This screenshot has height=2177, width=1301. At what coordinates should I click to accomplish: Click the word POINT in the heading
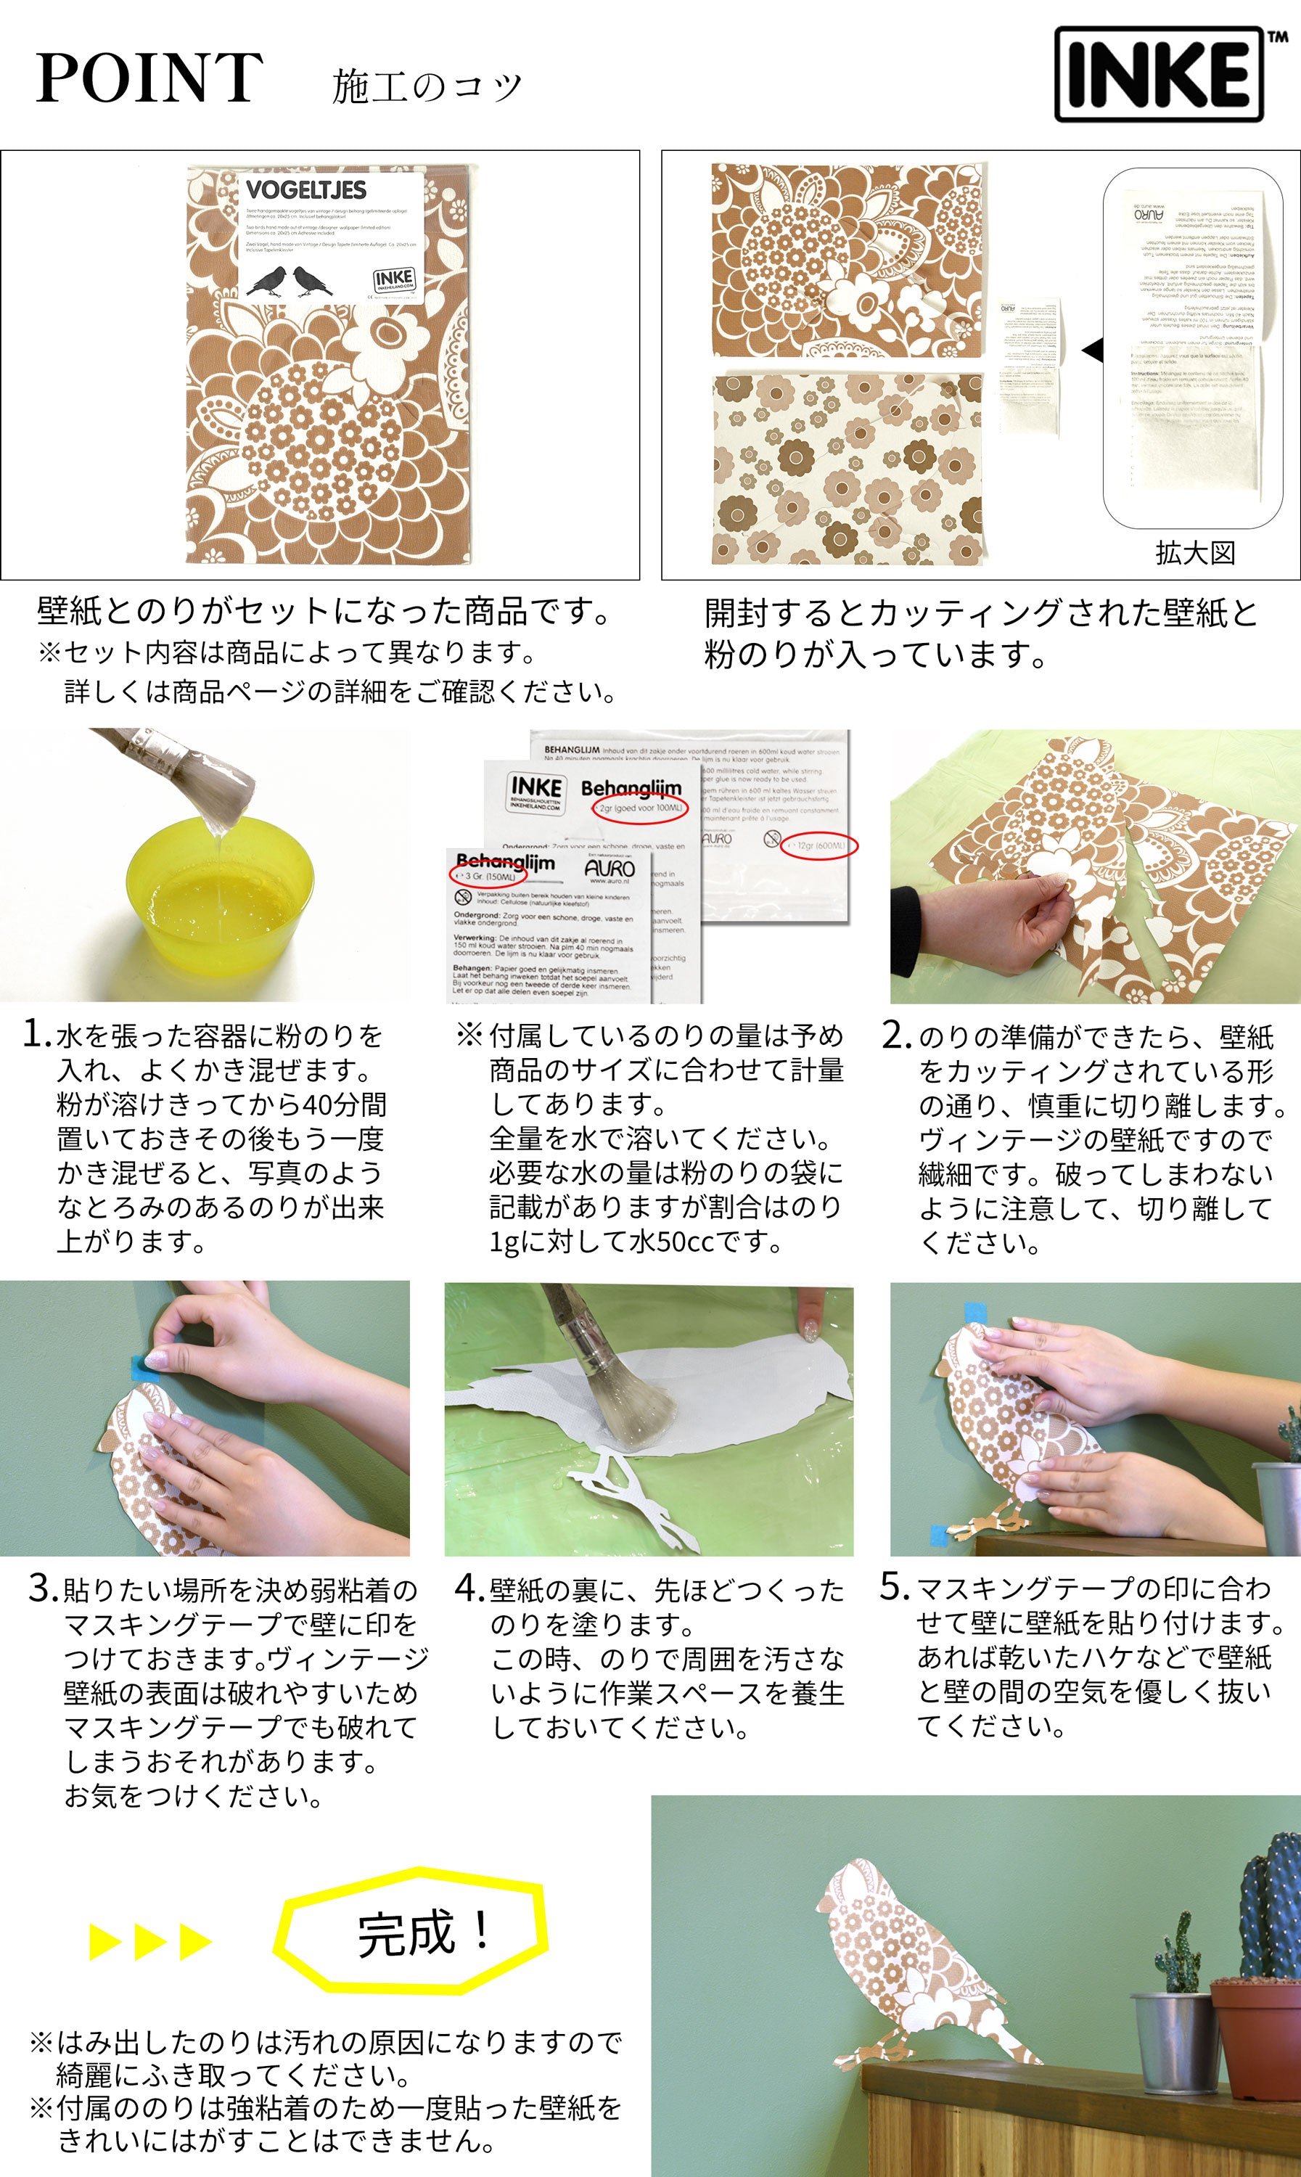(149, 79)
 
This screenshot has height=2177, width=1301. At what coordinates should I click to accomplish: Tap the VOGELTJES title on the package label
(306, 190)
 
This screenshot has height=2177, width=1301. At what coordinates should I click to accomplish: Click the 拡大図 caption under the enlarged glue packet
(1195, 553)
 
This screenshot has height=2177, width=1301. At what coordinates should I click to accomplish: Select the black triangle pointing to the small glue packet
(1092, 350)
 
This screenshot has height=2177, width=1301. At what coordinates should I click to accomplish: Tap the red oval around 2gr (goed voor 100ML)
(640, 808)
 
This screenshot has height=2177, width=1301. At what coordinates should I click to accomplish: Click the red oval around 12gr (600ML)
(818, 846)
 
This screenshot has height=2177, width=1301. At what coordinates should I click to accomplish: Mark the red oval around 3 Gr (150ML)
(488, 875)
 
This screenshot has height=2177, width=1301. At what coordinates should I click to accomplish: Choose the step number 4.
(468, 1588)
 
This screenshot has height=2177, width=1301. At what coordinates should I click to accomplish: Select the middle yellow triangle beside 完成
(150, 1942)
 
